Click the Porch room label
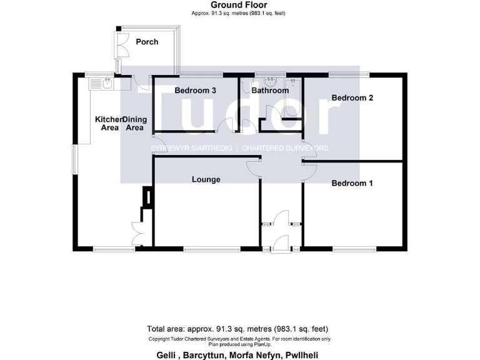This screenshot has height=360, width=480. click(x=147, y=42)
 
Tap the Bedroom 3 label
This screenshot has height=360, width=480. click(x=195, y=91)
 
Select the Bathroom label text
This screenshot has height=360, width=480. click(x=270, y=91)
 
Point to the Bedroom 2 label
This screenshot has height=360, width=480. click(x=352, y=97)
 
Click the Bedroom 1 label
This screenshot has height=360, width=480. click(x=352, y=183)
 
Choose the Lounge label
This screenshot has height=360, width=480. click(x=206, y=179)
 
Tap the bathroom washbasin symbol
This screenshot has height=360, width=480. click(x=270, y=81)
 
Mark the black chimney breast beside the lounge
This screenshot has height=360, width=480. click(x=148, y=197)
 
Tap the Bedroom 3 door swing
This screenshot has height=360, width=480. click(x=226, y=126)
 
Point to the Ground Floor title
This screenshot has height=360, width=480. click(x=240, y=5)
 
